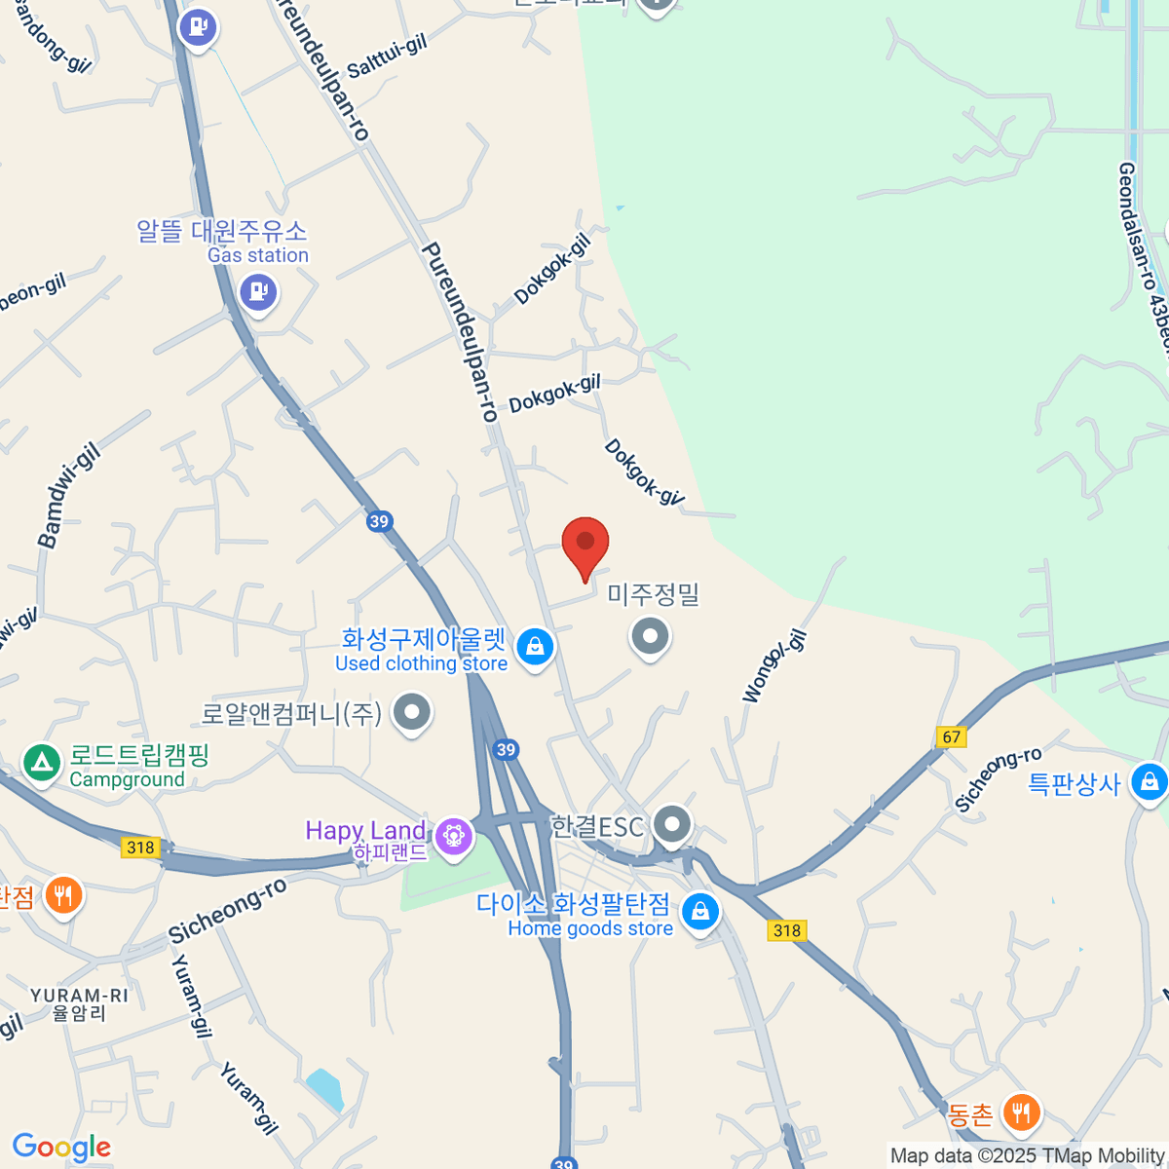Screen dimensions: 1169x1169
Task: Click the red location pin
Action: click(x=585, y=544)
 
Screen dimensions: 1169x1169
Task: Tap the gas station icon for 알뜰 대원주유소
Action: click(x=258, y=291)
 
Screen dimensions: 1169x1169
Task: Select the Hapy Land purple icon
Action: click(x=453, y=836)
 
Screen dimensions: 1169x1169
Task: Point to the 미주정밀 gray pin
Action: click(x=651, y=638)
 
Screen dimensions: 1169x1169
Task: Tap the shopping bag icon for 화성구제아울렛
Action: click(x=535, y=646)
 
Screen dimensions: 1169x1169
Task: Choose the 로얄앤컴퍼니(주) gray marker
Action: click(x=412, y=712)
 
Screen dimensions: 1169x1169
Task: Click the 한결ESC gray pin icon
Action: click(x=671, y=825)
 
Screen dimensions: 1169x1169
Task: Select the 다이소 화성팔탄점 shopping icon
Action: click(x=699, y=913)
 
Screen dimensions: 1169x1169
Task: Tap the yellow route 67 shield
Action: click(x=952, y=736)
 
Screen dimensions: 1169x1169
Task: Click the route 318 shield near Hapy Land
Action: click(x=141, y=847)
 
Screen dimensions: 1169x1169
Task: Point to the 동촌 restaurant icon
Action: click(x=1021, y=1112)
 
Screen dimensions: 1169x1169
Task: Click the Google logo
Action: click(x=61, y=1148)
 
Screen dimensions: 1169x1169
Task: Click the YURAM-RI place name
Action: click(x=79, y=996)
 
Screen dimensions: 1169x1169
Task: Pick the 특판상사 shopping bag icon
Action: click(x=1149, y=782)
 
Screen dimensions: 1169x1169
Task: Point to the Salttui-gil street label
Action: click(x=388, y=57)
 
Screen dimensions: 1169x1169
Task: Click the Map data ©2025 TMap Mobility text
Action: click(x=1027, y=1155)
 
